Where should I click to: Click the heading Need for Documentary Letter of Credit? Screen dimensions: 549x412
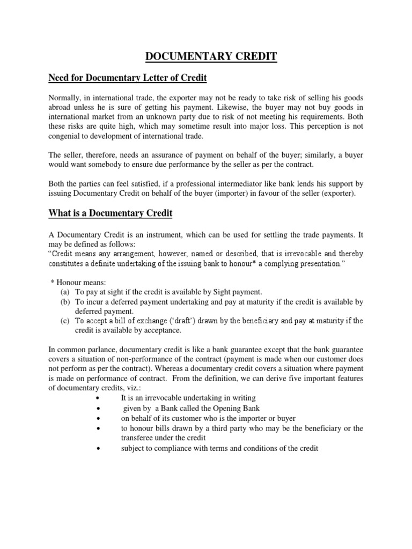(127, 79)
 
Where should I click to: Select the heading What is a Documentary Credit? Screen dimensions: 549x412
(110, 213)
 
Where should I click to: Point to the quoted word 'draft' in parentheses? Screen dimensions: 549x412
(167, 321)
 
